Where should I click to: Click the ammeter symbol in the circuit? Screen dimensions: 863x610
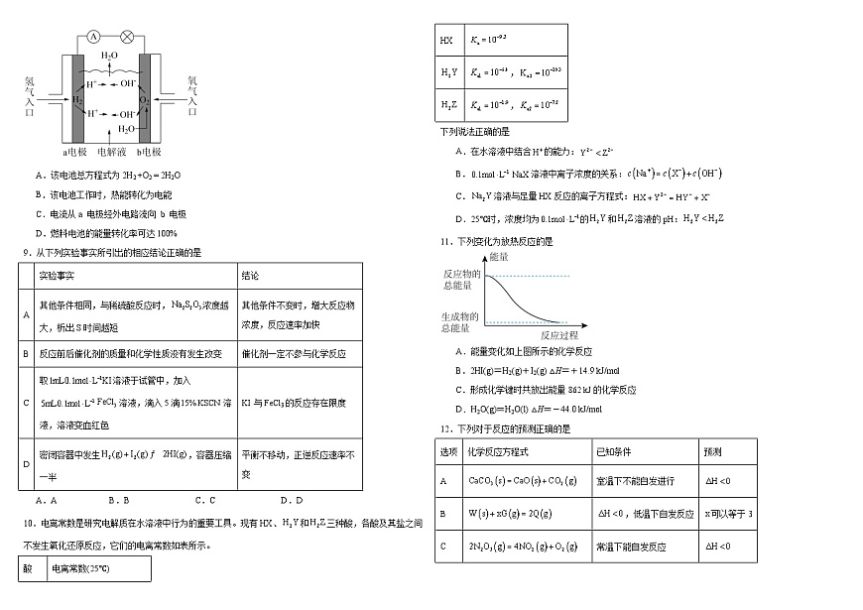pos(93,36)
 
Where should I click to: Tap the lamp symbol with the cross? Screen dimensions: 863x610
pos(126,36)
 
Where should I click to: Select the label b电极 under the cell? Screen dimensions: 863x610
pos(149,152)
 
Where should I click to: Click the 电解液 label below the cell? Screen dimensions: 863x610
pos(112,152)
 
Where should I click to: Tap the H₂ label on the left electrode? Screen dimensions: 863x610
pos(77,99)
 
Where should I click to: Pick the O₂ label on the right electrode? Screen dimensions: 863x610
pos(145,99)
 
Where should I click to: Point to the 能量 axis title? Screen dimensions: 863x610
pos(499,256)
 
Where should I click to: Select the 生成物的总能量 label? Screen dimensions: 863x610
pos(461,321)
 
